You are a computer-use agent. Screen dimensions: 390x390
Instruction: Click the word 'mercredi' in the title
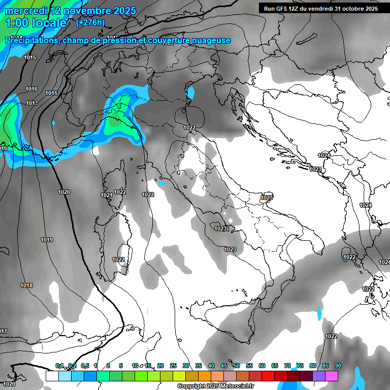coord(25,11)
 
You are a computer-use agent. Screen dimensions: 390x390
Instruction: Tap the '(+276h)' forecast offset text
coord(90,22)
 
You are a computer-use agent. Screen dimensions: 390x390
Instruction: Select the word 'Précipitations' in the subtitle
coord(31,41)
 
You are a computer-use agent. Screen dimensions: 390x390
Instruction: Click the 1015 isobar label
coord(30,58)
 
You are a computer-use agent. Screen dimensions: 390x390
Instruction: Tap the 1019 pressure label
coord(47,240)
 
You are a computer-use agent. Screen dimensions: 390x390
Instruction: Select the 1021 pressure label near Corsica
coord(106,196)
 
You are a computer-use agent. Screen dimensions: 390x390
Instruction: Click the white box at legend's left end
coord(52,376)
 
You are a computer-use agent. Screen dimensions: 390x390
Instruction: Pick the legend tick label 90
coord(338,366)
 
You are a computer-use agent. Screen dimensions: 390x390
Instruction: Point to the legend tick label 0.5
coord(85,366)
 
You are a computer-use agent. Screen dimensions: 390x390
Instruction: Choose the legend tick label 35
coord(199,366)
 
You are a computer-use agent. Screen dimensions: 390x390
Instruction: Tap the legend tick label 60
coord(262,366)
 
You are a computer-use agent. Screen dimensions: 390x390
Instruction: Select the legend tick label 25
coord(173,366)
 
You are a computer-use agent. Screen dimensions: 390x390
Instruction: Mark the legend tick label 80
coord(313,366)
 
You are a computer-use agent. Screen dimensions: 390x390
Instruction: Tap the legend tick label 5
coord(121,366)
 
